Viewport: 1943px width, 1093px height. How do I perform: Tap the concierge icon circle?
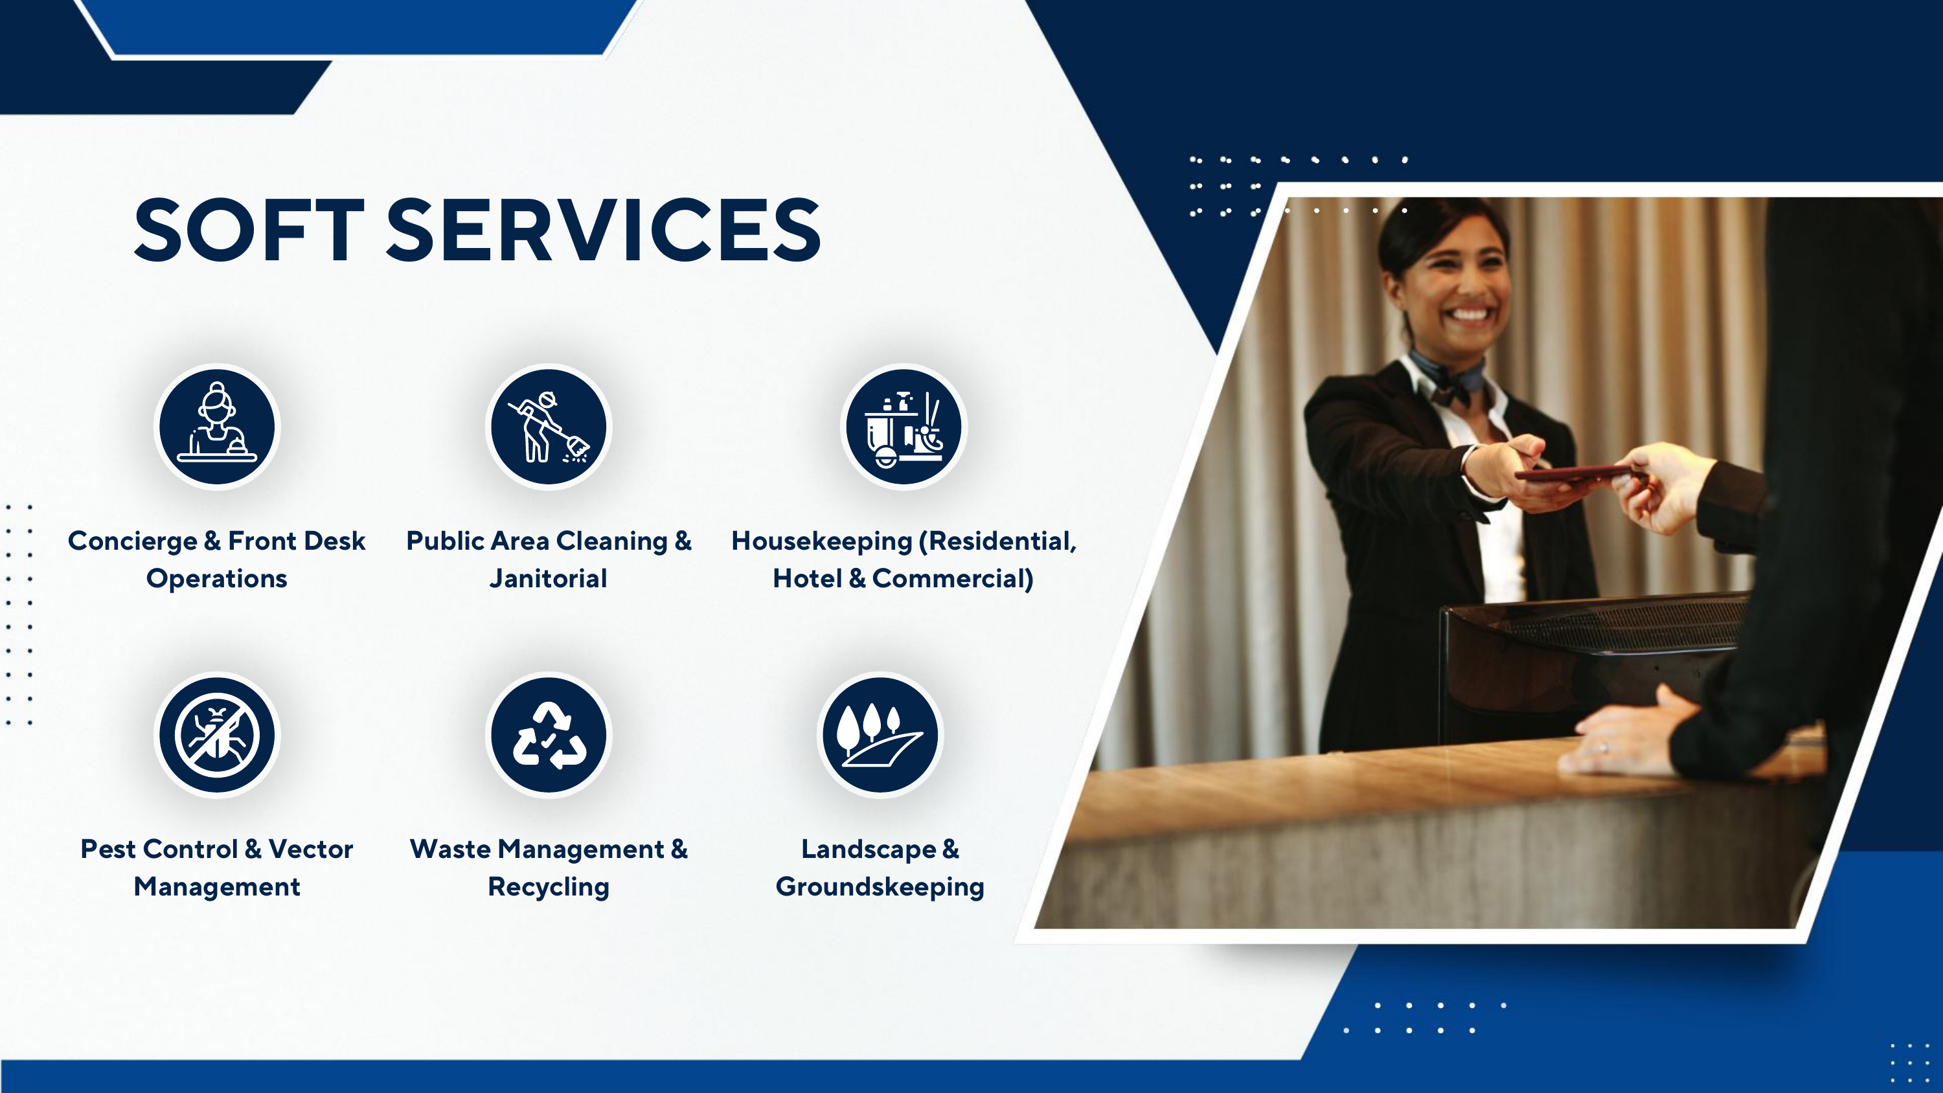click(x=217, y=427)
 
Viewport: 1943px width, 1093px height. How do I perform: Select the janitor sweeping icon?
click(x=549, y=427)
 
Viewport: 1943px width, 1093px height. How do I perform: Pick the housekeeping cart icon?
click(x=903, y=427)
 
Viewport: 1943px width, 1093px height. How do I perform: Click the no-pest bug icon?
click(x=217, y=735)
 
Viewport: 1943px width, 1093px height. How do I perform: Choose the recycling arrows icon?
click(x=549, y=735)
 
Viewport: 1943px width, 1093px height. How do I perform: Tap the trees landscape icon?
click(x=880, y=735)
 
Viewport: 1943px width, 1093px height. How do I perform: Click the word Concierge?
click(x=133, y=541)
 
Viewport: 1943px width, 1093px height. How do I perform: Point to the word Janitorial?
click(x=549, y=579)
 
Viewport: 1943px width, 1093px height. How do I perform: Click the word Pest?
click(x=110, y=850)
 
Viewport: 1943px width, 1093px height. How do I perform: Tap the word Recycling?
click(x=549, y=887)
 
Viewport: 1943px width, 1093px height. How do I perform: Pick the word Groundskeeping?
click(x=880, y=887)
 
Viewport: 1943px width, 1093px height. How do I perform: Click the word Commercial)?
click(x=953, y=579)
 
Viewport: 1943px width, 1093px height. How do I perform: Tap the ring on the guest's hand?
click(x=1603, y=749)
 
